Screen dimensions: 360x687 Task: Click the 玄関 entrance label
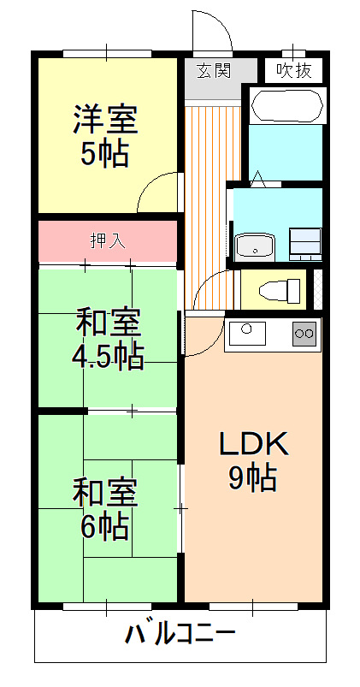tap(213, 70)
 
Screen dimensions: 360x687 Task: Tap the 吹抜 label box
tap(294, 70)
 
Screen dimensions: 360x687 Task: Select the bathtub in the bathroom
tap(287, 105)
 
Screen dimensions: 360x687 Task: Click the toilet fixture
tap(280, 290)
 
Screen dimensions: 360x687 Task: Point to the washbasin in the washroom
tap(255, 246)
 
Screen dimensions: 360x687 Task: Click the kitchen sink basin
tap(247, 333)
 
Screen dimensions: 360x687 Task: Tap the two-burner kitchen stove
tap(304, 334)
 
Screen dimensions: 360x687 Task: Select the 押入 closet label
tap(108, 241)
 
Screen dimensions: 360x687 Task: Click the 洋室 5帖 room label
tap(105, 135)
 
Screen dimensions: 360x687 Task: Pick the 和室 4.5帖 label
tap(107, 338)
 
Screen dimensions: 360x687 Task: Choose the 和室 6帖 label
tap(105, 509)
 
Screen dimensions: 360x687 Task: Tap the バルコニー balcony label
tap(180, 634)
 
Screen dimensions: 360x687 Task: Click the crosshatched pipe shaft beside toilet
tap(318, 290)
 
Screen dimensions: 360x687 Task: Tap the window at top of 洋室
tap(107, 54)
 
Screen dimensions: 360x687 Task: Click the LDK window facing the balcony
tap(253, 607)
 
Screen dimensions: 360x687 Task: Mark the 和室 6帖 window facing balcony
tap(107, 607)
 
